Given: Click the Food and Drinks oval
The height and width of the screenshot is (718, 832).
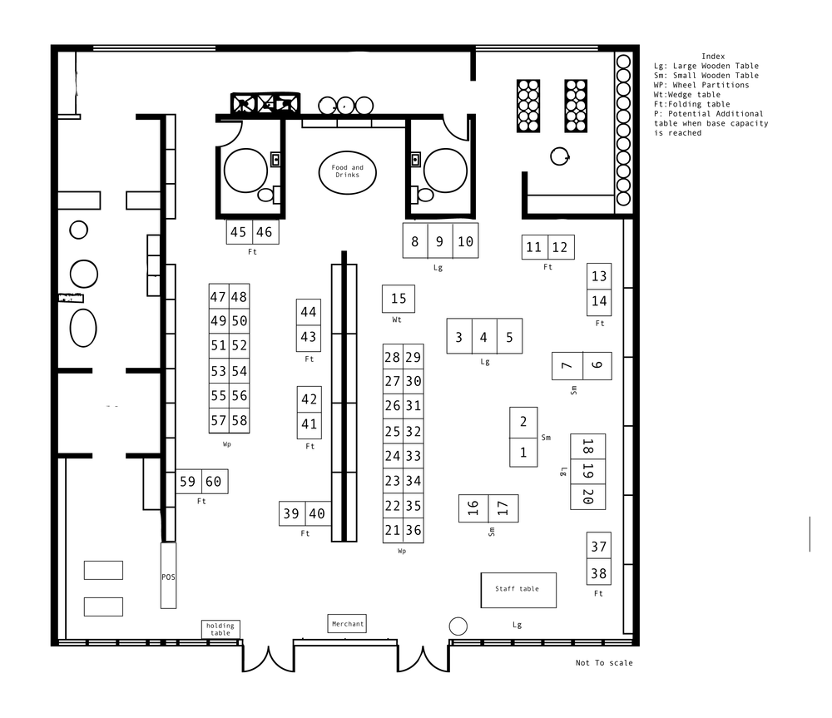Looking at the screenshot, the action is (x=348, y=172).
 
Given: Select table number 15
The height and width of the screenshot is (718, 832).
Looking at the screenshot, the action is (x=399, y=299).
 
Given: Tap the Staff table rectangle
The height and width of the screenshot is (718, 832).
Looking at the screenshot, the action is (x=518, y=590).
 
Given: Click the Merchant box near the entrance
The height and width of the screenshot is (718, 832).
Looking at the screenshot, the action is (x=347, y=623).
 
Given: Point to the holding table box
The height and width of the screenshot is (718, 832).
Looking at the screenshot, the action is (x=220, y=629).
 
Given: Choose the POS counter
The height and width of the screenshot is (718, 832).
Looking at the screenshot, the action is (x=168, y=575).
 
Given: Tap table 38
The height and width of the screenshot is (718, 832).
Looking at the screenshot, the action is (x=598, y=572).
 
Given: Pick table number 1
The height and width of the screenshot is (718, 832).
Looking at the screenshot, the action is (x=523, y=452).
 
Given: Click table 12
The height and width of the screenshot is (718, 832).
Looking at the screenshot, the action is (x=561, y=247).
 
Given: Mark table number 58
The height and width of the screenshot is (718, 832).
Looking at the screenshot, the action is (x=240, y=421).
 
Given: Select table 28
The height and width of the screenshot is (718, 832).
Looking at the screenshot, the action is (x=393, y=357).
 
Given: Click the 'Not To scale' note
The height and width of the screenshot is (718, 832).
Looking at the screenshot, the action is (x=604, y=663).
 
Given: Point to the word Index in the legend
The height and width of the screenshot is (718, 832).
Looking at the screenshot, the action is (x=713, y=57).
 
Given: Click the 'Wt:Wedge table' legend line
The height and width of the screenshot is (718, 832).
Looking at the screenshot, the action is (x=687, y=95).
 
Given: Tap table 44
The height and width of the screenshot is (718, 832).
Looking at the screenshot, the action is (x=309, y=311).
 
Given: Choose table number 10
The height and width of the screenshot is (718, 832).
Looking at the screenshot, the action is (x=465, y=241).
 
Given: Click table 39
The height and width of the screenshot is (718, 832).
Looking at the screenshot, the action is (x=292, y=513).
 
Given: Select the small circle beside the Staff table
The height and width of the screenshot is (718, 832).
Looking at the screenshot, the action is (x=458, y=626).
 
